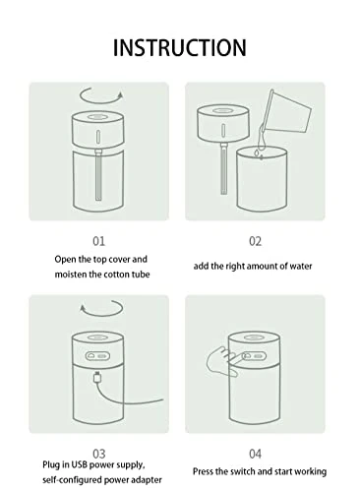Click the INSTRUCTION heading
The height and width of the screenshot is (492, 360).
180,48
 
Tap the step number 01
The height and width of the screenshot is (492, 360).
99,241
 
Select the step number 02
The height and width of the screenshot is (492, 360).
255,241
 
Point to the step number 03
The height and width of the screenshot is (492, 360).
99,454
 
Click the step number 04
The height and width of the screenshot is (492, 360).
255,454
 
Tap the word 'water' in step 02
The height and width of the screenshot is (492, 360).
301,266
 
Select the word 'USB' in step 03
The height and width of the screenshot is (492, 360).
80,464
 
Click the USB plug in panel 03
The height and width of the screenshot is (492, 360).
97,377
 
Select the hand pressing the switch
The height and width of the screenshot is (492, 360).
222,361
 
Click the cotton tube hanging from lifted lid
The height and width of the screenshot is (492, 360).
223,169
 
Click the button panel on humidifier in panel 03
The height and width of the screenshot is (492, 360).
97,356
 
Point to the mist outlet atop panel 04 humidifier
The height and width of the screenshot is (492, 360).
254,338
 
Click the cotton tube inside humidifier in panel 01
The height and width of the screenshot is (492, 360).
98,174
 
